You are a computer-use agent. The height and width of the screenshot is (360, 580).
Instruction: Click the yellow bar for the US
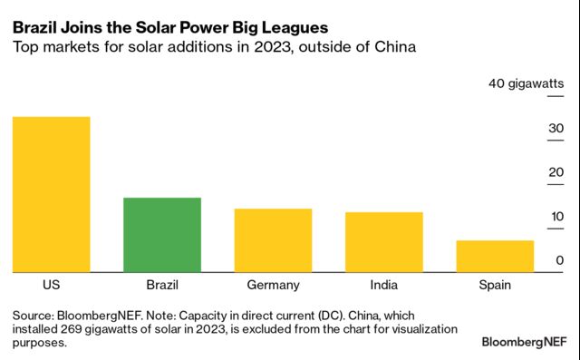(51, 193)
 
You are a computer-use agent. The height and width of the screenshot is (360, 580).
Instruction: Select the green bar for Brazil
(161, 234)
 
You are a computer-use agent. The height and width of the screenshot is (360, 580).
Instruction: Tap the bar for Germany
(273, 239)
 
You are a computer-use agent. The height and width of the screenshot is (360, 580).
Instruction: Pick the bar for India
(384, 241)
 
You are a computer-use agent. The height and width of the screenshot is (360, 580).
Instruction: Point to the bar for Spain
(495, 256)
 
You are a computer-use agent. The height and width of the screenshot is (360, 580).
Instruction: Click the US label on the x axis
(51, 285)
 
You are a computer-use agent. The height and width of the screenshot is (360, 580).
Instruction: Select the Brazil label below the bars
(161, 285)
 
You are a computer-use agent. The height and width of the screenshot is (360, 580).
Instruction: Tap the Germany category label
(273, 285)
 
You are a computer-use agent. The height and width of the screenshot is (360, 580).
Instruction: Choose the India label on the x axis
(384, 285)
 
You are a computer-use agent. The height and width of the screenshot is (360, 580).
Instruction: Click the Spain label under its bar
(495, 285)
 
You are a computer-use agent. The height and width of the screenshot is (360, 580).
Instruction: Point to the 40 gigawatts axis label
(527, 84)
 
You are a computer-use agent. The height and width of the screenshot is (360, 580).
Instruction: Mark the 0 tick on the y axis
(559, 261)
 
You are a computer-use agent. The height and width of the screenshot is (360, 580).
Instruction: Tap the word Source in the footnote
(33, 315)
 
